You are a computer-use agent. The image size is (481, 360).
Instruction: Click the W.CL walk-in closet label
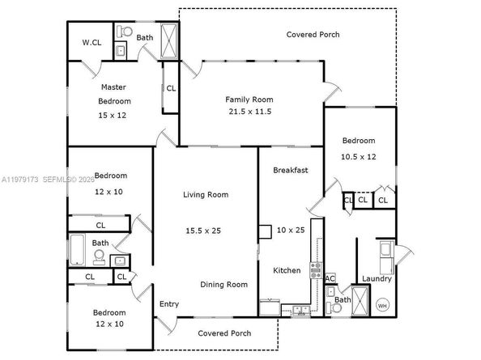tap(90, 43)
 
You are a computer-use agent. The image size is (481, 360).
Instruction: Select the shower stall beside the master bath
tap(170, 40)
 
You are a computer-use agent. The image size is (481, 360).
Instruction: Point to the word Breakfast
tap(290, 171)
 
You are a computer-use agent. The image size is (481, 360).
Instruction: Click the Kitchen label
tap(287, 270)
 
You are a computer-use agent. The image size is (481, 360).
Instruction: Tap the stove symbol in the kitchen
tap(317, 271)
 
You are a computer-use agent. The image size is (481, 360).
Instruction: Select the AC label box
tap(330, 278)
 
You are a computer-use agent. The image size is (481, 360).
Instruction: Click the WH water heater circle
tap(382, 306)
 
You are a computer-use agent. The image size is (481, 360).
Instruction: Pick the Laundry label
tap(377, 279)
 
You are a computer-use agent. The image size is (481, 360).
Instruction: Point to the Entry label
tap(169, 304)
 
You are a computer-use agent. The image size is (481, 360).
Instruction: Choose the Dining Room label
tap(224, 285)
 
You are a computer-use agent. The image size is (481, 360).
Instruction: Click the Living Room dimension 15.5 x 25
tap(202, 231)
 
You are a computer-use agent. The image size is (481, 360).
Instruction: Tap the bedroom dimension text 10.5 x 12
tap(357, 156)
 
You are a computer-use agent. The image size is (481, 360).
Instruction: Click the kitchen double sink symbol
tap(300, 309)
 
